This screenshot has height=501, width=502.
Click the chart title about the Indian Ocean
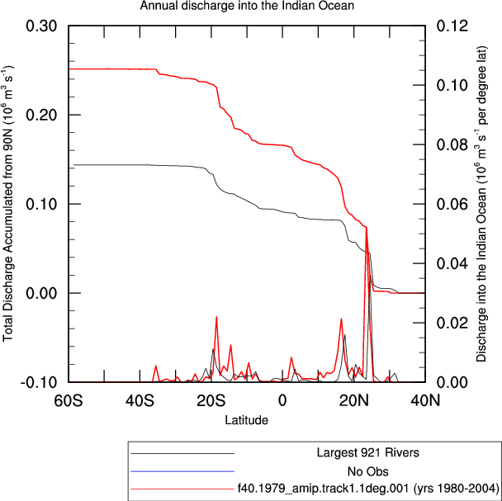[x=247, y=6]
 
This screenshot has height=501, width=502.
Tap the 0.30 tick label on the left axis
[x=41, y=26]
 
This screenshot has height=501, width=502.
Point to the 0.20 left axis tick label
[x=41, y=115]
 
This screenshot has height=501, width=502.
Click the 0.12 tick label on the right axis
[x=452, y=26]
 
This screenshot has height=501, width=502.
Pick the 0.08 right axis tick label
[x=452, y=144]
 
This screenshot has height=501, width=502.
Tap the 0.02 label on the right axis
[x=452, y=323]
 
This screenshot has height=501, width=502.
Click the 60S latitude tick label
[x=69, y=401]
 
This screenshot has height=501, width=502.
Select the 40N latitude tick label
[x=425, y=401]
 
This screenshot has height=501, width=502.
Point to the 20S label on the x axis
[x=211, y=401]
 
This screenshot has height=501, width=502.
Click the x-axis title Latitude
[x=247, y=419]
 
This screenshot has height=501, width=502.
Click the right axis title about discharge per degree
[x=481, y=204]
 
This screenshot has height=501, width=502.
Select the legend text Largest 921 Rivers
[x=368, y=452]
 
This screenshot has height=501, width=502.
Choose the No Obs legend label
[x=368, y=471]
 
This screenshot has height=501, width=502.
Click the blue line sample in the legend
[x=182, y=471]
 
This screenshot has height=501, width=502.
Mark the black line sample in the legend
[x=182, y=453]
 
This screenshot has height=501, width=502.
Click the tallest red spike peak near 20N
[x=367, y=228]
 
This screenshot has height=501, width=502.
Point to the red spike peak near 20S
[x=216, y=317]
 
